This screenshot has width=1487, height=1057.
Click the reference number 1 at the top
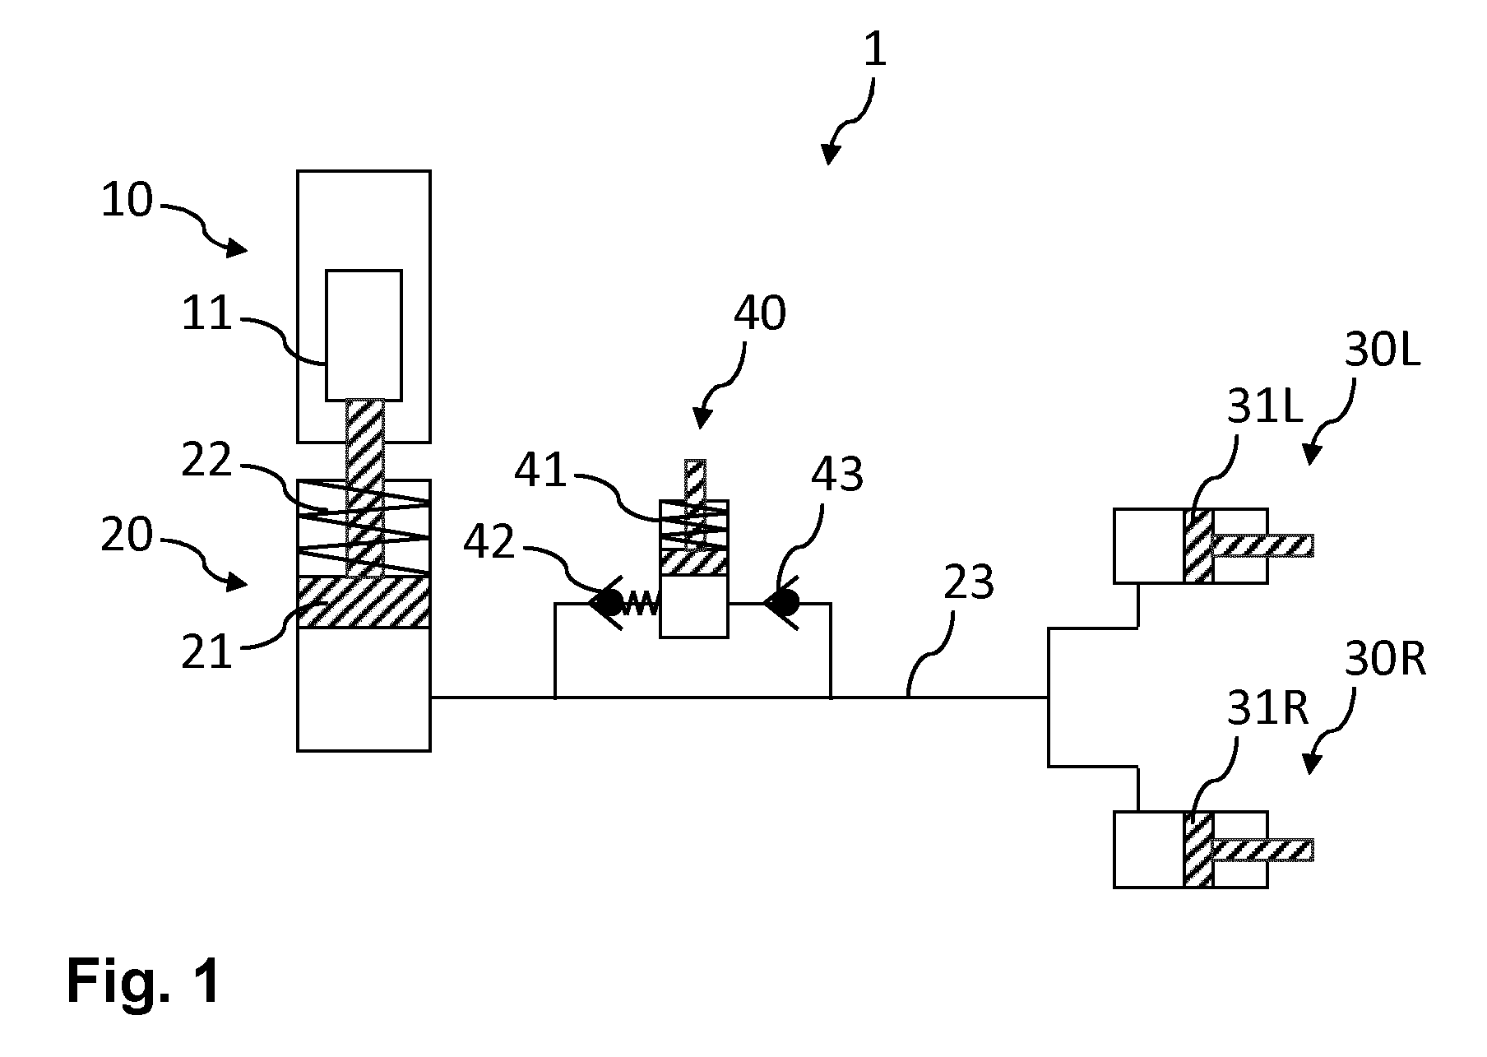(875, 50)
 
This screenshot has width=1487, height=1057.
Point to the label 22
(206, 462)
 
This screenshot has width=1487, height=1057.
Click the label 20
(127, 535)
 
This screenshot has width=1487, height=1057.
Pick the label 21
(206, 656)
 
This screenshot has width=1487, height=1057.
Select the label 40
(759, 313)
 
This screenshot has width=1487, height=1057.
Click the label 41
(540, 471)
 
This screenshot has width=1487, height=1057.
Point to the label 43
(837, 475)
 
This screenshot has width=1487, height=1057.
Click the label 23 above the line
(969, 583)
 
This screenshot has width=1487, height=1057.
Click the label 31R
(1267, 709)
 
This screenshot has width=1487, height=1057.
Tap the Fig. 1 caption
(144, 981)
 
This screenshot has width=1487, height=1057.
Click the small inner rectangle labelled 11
(364, 335)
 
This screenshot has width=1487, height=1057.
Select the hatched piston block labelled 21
(364, 602)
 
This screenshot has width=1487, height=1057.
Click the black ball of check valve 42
(610, 604)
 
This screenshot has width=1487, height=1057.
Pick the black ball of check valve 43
(785, 604)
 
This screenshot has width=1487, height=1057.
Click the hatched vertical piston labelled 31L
(1198, 546)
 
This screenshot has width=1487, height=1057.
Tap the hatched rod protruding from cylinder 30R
(1262, 850)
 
